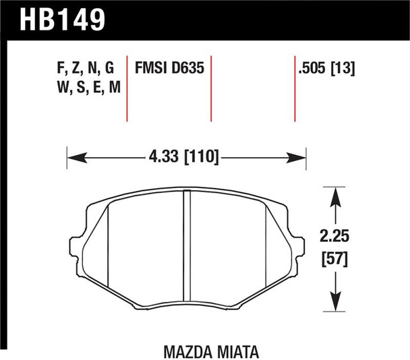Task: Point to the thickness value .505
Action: pos(313,68)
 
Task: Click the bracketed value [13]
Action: pos(344,68)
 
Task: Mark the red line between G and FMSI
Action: pos(127,88)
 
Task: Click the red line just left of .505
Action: pos(295,88)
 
